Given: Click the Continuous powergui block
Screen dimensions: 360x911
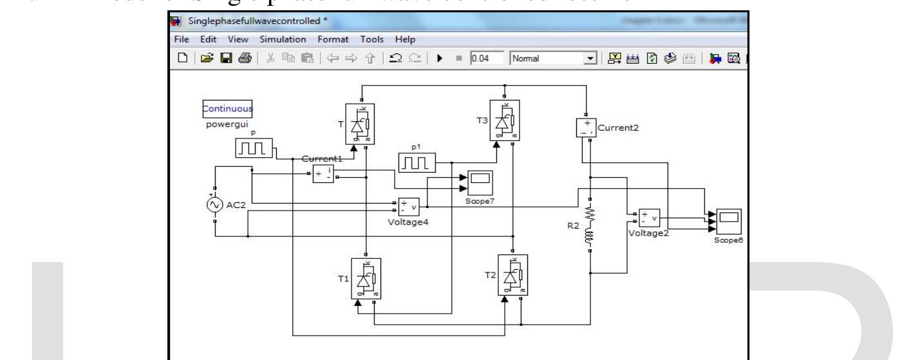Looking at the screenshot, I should pos(227,109).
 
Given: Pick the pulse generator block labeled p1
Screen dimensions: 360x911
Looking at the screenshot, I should pos(417,164).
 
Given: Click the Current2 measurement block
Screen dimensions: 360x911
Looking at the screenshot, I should pos(585,128).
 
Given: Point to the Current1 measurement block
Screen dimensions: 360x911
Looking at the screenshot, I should pos(323,173).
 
